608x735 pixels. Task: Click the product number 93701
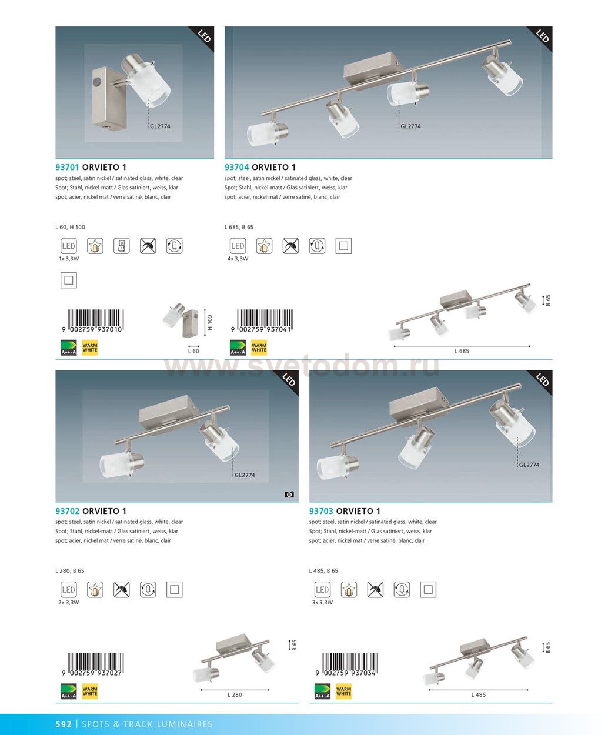pos(67,167)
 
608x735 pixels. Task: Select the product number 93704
pos(236,167)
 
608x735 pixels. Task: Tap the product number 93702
pos(67,511)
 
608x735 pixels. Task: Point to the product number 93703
pos(321,511)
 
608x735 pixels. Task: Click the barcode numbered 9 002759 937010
pos(92,321)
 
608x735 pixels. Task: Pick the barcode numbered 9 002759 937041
pos(262,321)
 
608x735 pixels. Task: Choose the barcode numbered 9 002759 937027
pos(92,664)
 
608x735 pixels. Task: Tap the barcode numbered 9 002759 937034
pos(346,664)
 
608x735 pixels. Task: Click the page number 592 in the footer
pos(64,724)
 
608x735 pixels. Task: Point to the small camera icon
pos(289,495)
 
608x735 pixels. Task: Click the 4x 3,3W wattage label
pos(238,259)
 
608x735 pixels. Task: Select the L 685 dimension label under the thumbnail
pos(462,351)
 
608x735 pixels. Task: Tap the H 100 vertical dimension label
pos(210,322)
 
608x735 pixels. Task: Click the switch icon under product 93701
pos(122,246)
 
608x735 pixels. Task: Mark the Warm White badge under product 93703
pos(343,691)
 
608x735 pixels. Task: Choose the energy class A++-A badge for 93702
pos(69,691)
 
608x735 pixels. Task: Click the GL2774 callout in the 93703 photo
pos(529,465)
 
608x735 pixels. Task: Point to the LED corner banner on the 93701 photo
pos(204,36)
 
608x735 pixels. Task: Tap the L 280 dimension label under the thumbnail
pos(235,694)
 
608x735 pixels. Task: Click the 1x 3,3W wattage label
pos(69,259)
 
